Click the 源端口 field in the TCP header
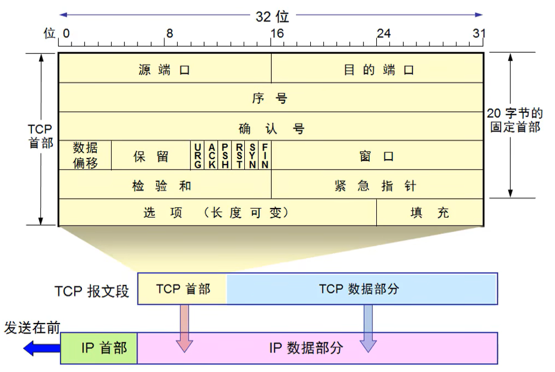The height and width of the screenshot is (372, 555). tap(164, 69)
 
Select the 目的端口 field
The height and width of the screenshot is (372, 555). tap(378, 69)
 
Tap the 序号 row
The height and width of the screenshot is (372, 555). tap(270, 99)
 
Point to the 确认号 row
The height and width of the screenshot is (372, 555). tap(270, 128)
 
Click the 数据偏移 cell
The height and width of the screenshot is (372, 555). tap(85, 155)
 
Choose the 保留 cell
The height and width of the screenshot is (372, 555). tap(151, 156)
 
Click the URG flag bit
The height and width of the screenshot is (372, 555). tap(197, 155)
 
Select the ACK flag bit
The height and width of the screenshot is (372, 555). tap(211, 155)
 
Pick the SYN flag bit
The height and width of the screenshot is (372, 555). tap(252, 155)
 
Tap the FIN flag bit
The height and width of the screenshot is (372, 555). tap(265, 155)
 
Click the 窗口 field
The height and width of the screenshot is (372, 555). tap(377, 156)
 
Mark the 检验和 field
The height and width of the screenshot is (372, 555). tap(164, 185)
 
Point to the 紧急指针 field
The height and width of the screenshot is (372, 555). tap(377, 185)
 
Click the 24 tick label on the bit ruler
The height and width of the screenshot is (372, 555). tap(383, 34)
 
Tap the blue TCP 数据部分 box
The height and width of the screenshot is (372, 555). tap(361, 288)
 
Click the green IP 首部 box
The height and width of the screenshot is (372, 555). tap(99, 348)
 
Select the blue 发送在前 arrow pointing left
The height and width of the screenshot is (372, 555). tap(42, 348)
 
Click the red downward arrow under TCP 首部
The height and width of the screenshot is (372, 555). tap(185, 328)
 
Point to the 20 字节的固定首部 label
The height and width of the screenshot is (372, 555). tap(514, 120)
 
